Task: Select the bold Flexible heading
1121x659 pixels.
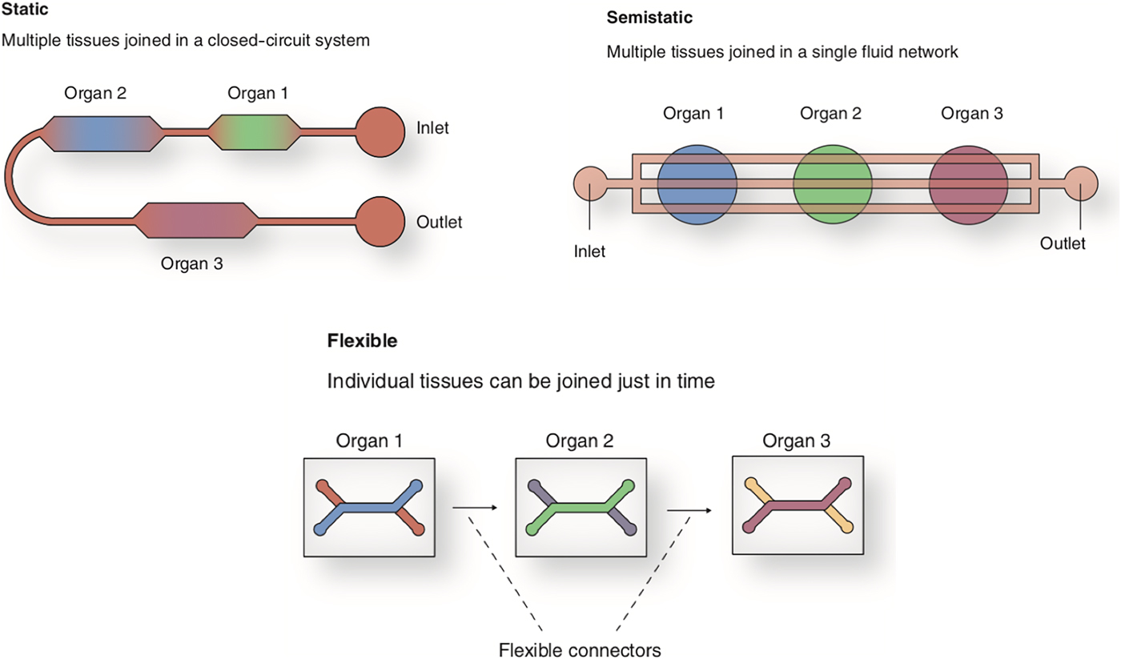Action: pyautogui.click(x=363, y=341)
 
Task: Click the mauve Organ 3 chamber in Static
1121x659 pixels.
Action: pyautogui.click(x=196, y=221)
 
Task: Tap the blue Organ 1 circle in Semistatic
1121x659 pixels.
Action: pyautogui.click(x=697, y=183)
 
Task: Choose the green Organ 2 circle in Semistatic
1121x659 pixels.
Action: pyautogui.click(x=833, y=183)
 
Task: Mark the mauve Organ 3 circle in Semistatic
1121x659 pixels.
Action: pyautogui.click(x=968, y=183)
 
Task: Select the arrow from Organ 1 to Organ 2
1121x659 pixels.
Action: pyautogui.click(x=475, y=508)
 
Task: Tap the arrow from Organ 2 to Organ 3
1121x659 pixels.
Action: pyautogui.click(x=689, y=510)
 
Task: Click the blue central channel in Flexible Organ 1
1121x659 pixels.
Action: pyautogui.click(x=368, y=508)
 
